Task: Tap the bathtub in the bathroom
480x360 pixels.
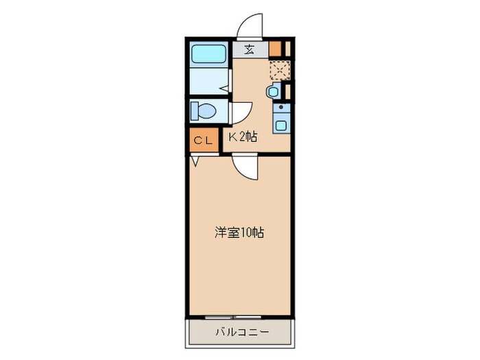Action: (209, 53)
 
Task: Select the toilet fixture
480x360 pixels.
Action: (204, 110)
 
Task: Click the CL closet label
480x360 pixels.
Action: (202, 141)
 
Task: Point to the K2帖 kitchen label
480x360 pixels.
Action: (243, 137)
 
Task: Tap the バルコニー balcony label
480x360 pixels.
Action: (241, 332)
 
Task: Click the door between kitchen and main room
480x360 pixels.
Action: (245, 167)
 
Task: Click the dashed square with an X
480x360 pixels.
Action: (279, 71)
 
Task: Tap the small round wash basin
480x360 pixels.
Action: (274, 91)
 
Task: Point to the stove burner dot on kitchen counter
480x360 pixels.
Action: (280, 108)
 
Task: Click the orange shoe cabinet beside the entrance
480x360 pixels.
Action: (275, 49)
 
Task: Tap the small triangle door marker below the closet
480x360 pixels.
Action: (195, 160)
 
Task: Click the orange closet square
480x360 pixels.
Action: (202, 141)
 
